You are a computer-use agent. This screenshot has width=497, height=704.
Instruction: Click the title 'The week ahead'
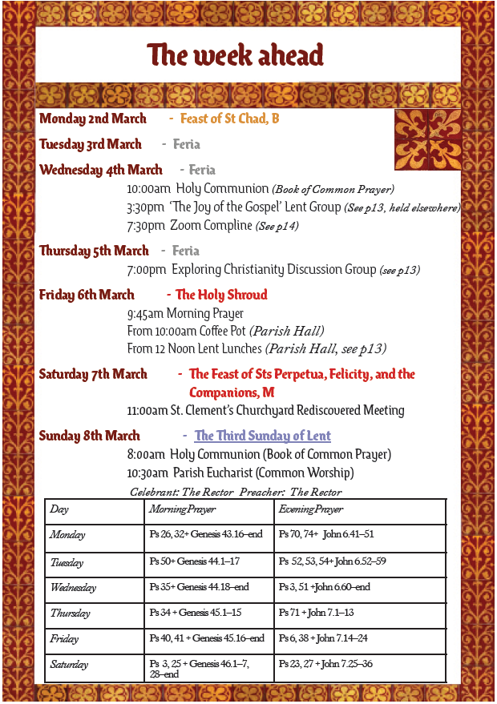pyautogui.click(x=235, y=55)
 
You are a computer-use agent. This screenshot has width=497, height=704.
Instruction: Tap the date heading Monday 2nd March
pyautogui.click(x=93, y=119)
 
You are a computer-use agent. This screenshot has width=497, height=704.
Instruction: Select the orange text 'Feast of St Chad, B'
pyautogui.click(x=229, y=119)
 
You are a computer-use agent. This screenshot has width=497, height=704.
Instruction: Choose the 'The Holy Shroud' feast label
pyautogui.click(x=221, y=295)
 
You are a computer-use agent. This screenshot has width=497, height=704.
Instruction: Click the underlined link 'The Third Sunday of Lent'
pyautogui.click(x=263, y=436)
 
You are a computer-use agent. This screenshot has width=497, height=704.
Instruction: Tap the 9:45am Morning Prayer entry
pyautogui.click(x=185, y=313)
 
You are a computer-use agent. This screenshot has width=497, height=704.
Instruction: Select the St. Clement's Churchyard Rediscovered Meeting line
pyautogui.click(x=265, y=410)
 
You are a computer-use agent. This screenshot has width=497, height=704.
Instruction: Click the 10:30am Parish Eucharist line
pyautogui.click(x=240, y=473)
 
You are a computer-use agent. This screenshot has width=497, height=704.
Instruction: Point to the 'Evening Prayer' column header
pyautogui.click(x=311, y=509)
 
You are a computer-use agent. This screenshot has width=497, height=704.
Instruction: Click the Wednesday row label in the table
pyautogui.click(x=73, y=588)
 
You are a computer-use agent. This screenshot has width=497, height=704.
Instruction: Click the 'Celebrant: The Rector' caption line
pyautogui.click(x=236, y=492)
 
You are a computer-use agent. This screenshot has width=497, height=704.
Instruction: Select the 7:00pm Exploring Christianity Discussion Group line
pyautogui.click(x=273, y=269)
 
